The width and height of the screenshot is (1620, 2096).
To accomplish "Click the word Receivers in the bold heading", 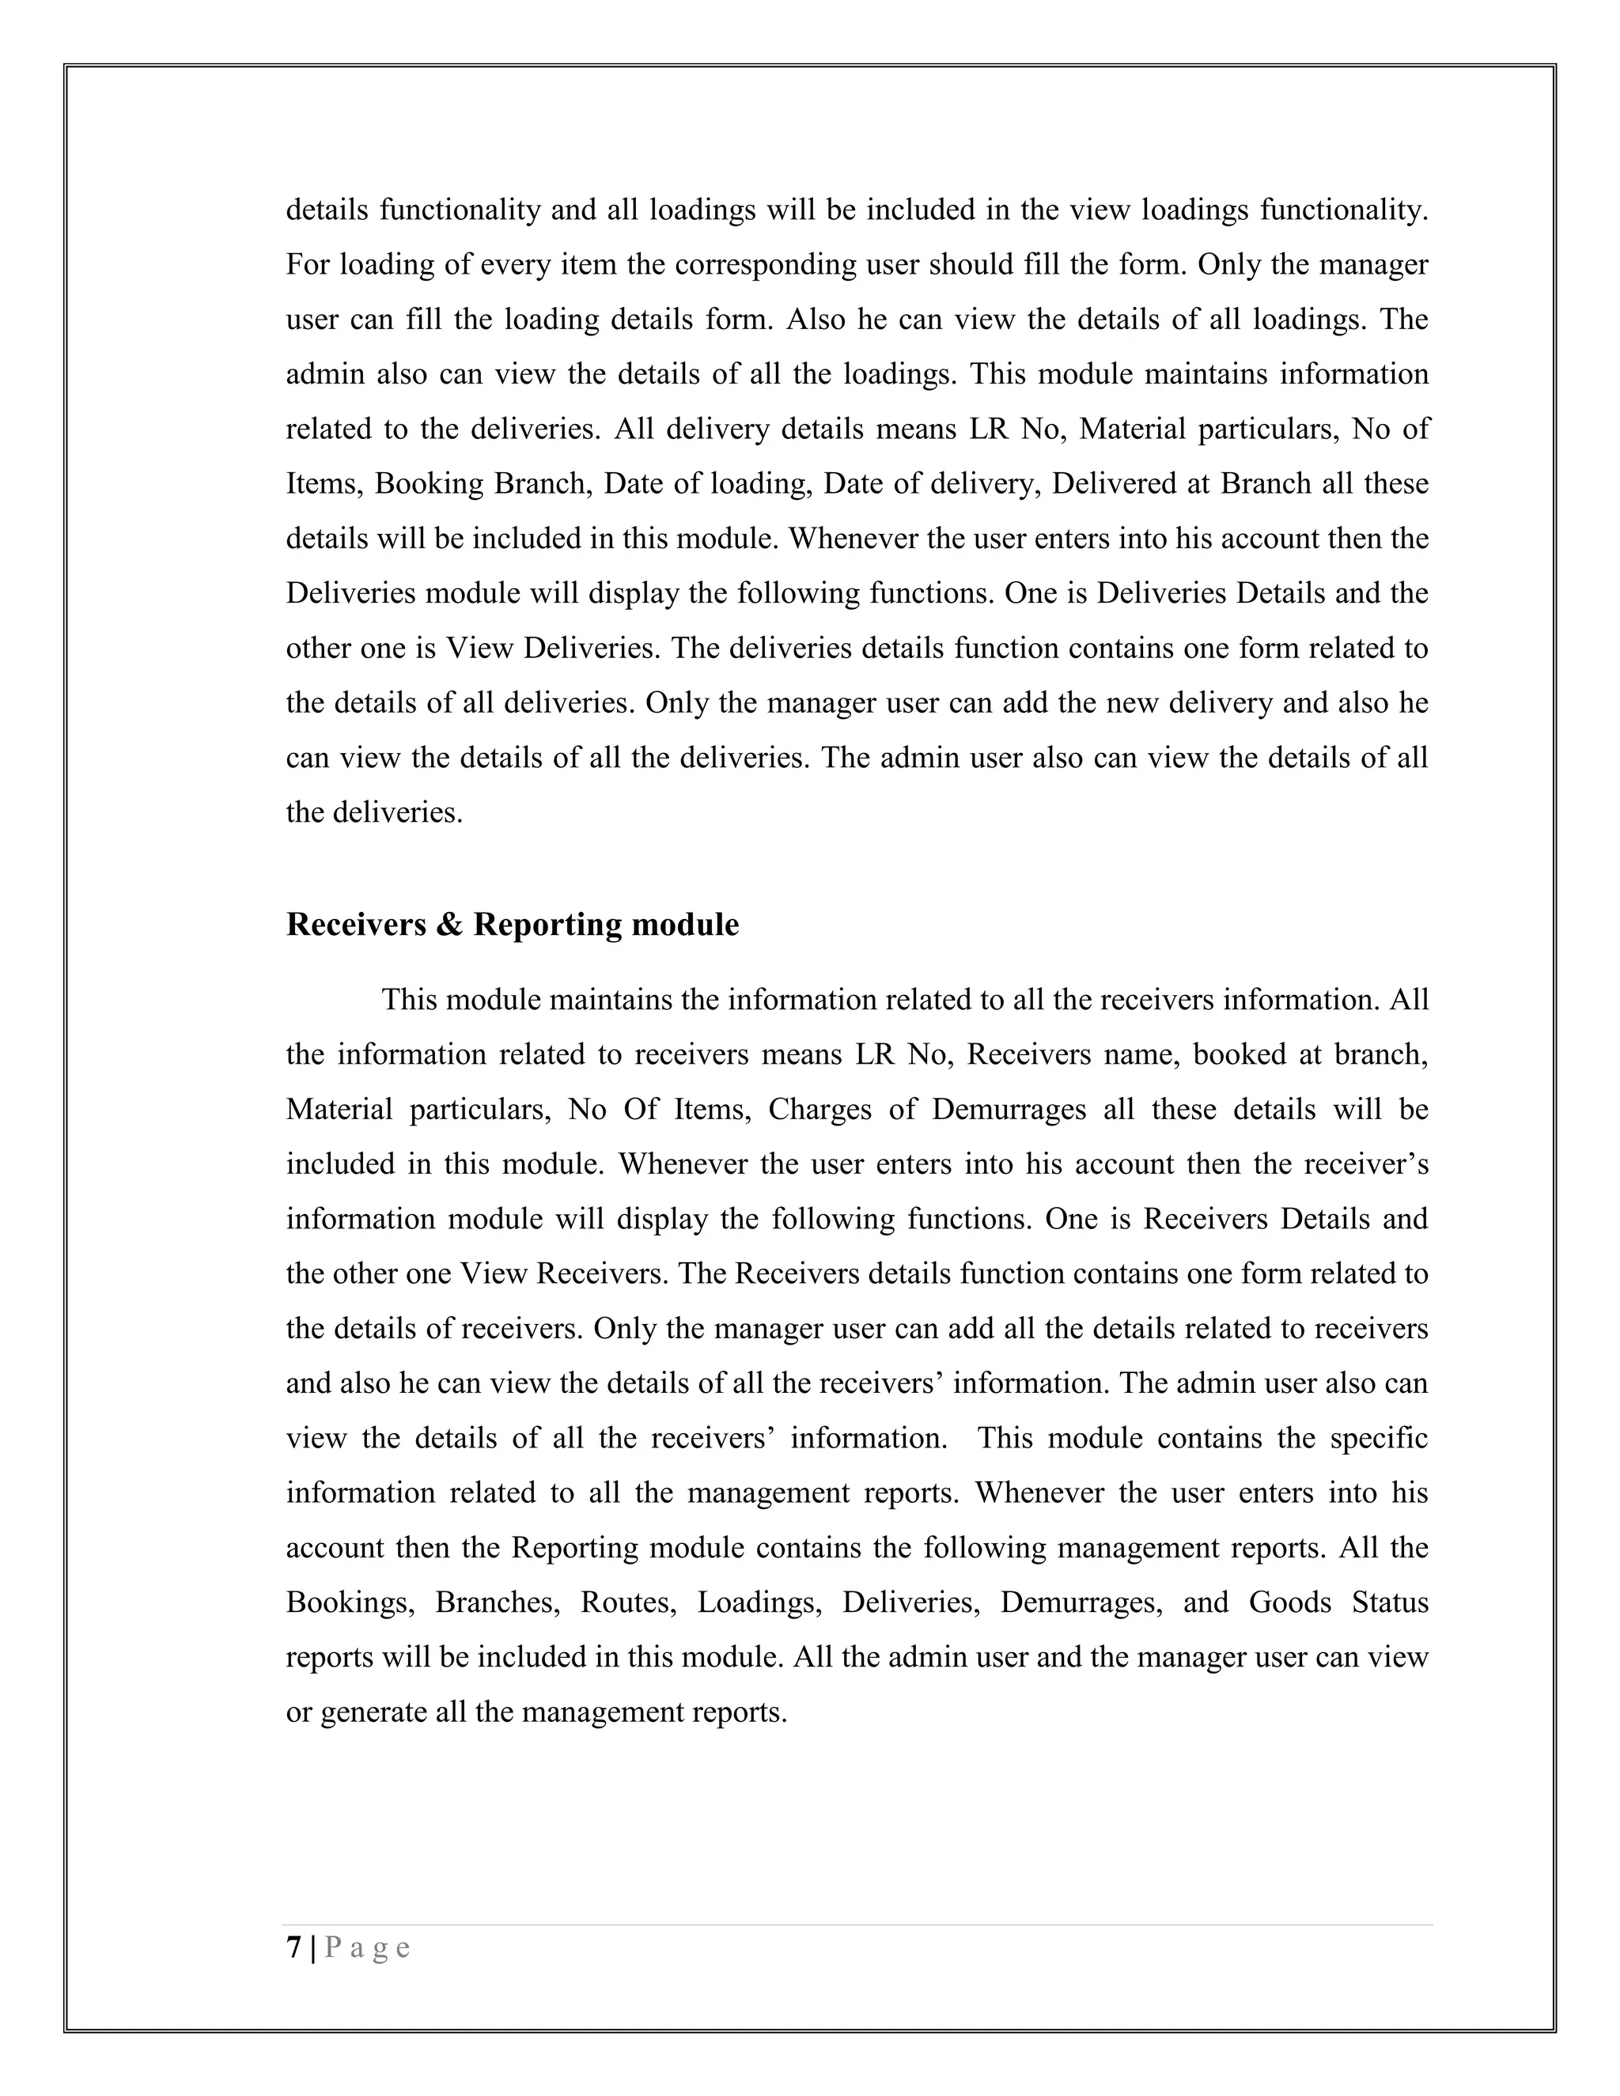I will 356,924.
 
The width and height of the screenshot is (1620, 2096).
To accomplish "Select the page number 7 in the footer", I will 293,1947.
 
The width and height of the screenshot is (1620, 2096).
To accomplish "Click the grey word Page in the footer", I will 368,1947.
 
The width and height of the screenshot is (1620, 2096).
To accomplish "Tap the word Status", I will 1390,1602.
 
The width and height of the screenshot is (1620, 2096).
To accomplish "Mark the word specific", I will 1379,1438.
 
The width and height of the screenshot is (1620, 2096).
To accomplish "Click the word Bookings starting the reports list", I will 350,1602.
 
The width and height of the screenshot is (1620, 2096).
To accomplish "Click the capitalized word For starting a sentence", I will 307,264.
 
